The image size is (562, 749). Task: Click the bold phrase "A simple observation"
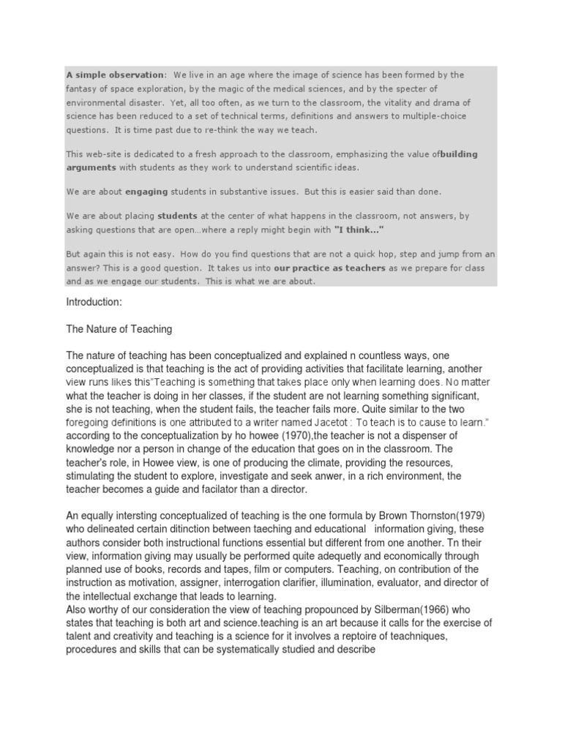[115, 75]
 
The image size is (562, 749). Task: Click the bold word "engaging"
[146, 192]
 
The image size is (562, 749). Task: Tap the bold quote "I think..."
[359, 230]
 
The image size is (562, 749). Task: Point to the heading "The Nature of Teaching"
[119, 329]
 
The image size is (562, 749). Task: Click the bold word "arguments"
[91, 167]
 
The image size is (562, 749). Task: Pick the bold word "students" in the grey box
[177, 217]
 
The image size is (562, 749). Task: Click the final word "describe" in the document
[353, 648]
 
